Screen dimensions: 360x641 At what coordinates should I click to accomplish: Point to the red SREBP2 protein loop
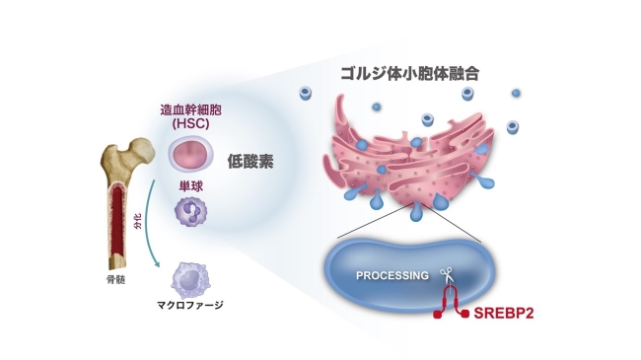tap(454, 301)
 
